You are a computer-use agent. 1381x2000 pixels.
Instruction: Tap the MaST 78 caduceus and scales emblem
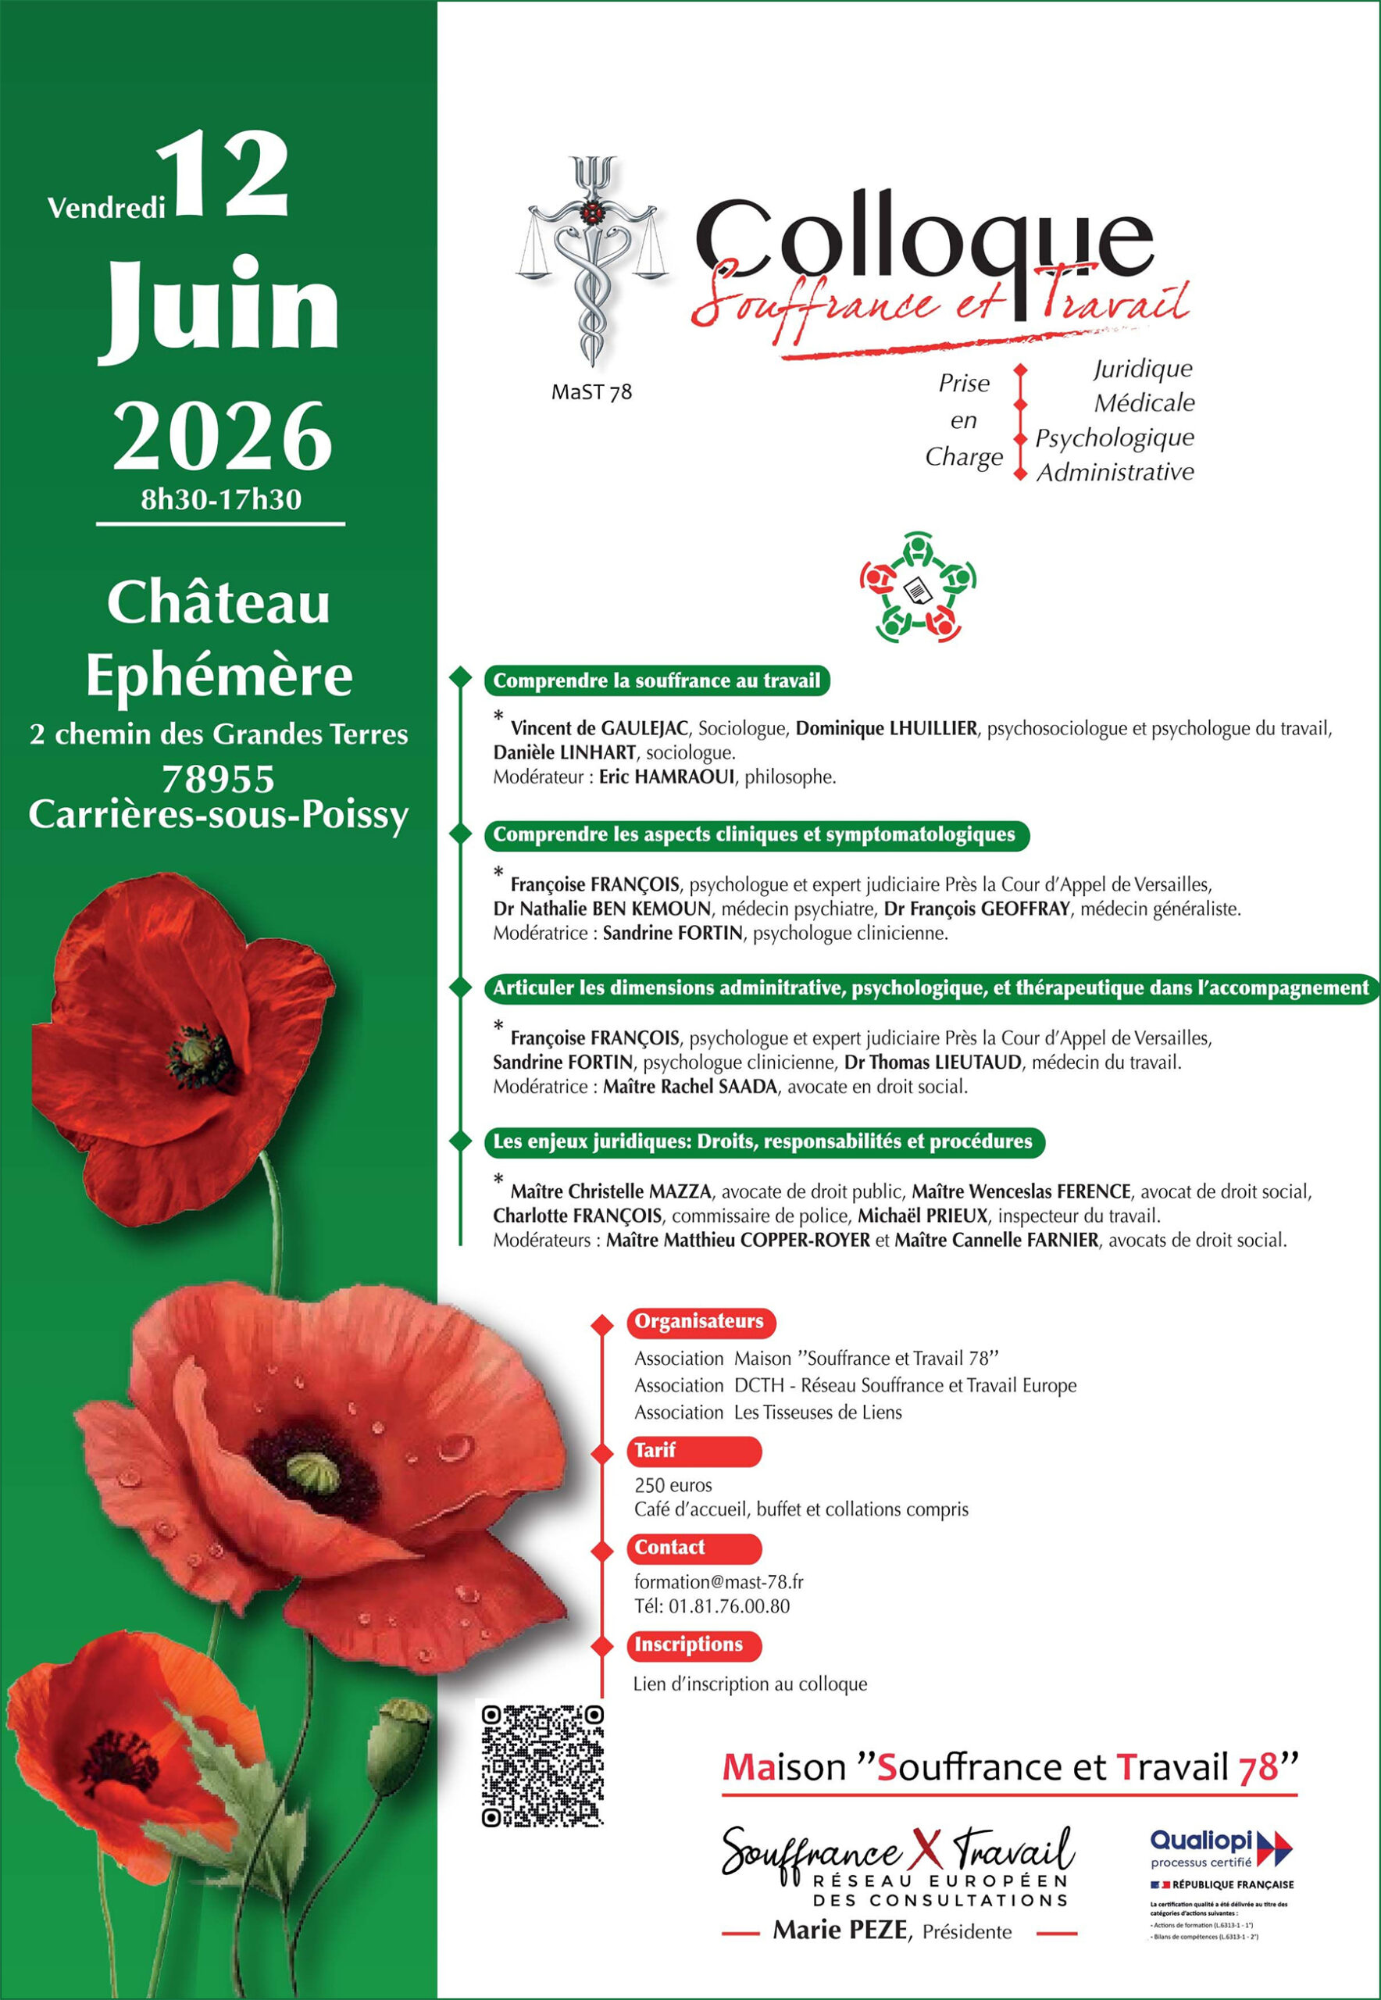click(592, 259)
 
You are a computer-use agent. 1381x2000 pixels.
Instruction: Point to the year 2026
click(223, 436)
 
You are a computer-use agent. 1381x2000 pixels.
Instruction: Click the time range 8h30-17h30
click(222, 499)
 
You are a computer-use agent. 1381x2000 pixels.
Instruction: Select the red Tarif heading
click(655, 1451)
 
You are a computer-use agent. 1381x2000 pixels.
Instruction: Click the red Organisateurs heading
click(699, 1322)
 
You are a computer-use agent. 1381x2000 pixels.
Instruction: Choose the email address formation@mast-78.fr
click(718, 1582)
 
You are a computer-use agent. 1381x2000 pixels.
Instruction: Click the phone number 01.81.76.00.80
click(729, 1606)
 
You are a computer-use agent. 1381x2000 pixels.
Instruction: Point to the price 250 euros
click(673, 1485)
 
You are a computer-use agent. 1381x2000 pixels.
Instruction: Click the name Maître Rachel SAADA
click(690, 1087)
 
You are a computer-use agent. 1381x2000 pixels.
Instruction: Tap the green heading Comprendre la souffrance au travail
click(656, 681)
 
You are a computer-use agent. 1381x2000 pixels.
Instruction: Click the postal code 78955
click(218, 779)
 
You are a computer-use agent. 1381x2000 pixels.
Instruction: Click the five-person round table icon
click(918, 587)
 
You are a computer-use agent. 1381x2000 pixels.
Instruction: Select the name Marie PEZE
click(840, 1930)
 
